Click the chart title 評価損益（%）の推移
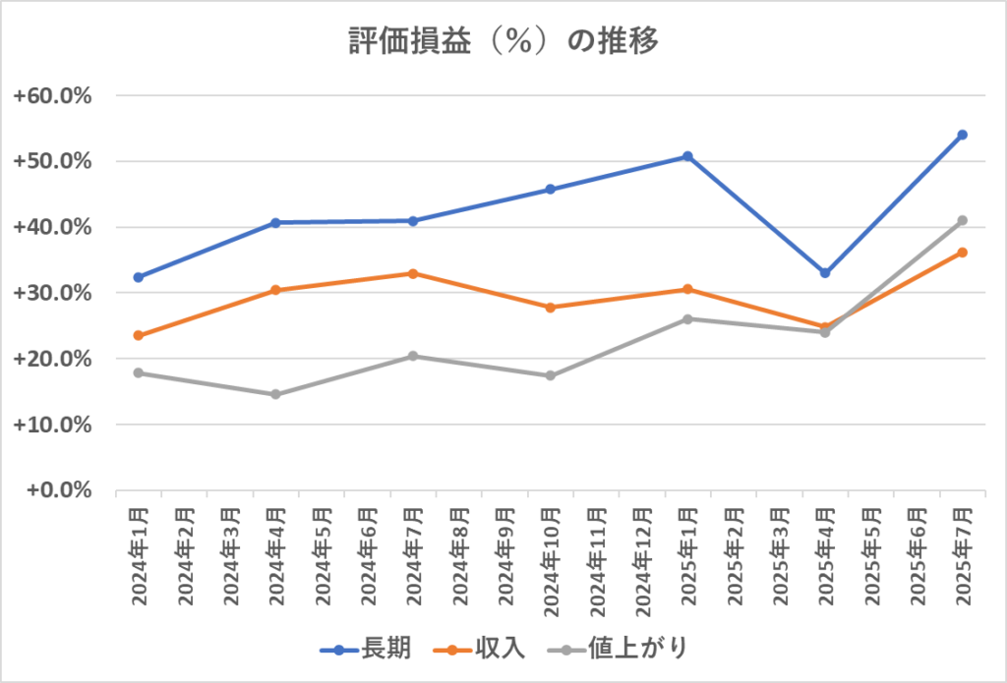coord(503,41)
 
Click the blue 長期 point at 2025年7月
coord(963,135)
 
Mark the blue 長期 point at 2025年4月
coord(825,273)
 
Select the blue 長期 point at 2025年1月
coord(688,156)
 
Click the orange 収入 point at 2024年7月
coord(413,273)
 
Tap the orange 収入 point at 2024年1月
coord(139,335)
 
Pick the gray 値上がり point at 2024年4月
coord(276,394)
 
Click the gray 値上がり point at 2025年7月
coord(963,220)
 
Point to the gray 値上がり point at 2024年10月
coord(551,375)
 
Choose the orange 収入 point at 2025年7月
coord(963,253)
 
